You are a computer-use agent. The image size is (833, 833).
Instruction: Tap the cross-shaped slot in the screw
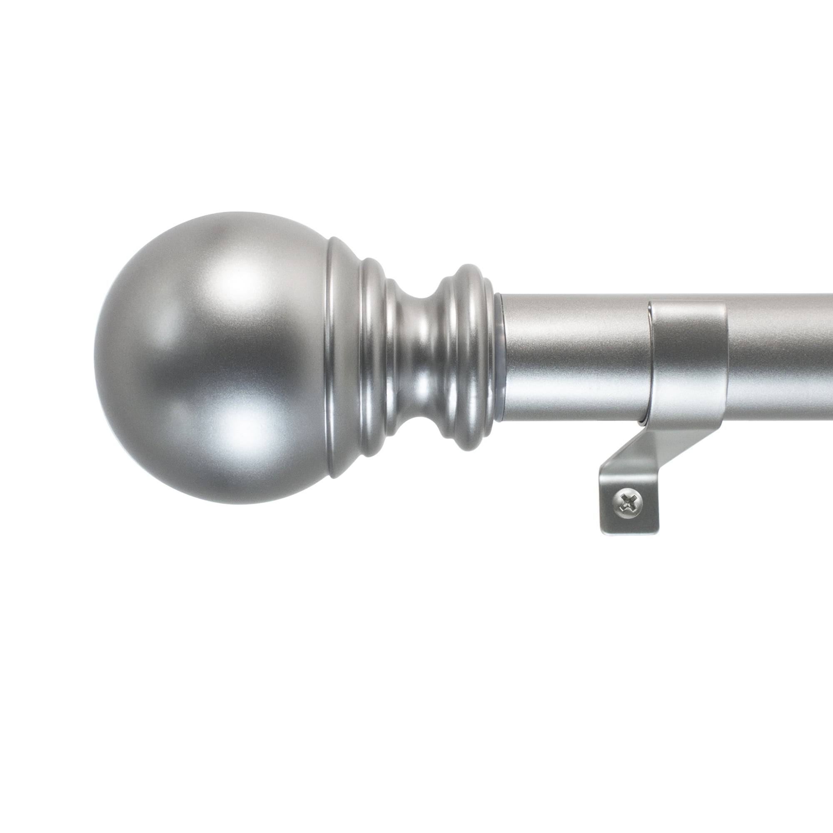(626, 501)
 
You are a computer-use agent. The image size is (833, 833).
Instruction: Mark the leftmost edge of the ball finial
(95, 358)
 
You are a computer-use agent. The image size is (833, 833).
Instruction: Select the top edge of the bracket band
(688, 302)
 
